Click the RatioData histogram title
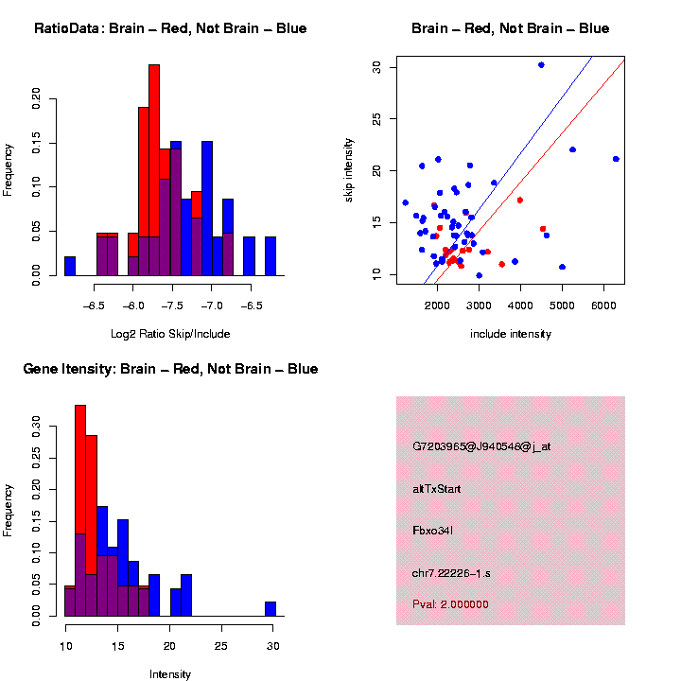pos(170,28)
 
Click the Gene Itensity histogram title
pos(170,369)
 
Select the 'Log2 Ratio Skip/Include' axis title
pos(170,334)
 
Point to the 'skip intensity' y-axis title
pos(348,171)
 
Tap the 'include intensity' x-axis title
pos(511,334)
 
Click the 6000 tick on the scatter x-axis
pos(603,306)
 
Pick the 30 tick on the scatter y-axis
pos(376,67)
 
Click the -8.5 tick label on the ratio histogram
pos(95,306)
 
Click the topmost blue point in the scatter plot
pos(541,64)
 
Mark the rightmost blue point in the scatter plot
pos(616,159)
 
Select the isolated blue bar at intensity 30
pos(271,609)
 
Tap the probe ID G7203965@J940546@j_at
pos(481,446)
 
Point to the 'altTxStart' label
pos(437,489)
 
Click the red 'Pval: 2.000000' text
pos(450,604)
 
